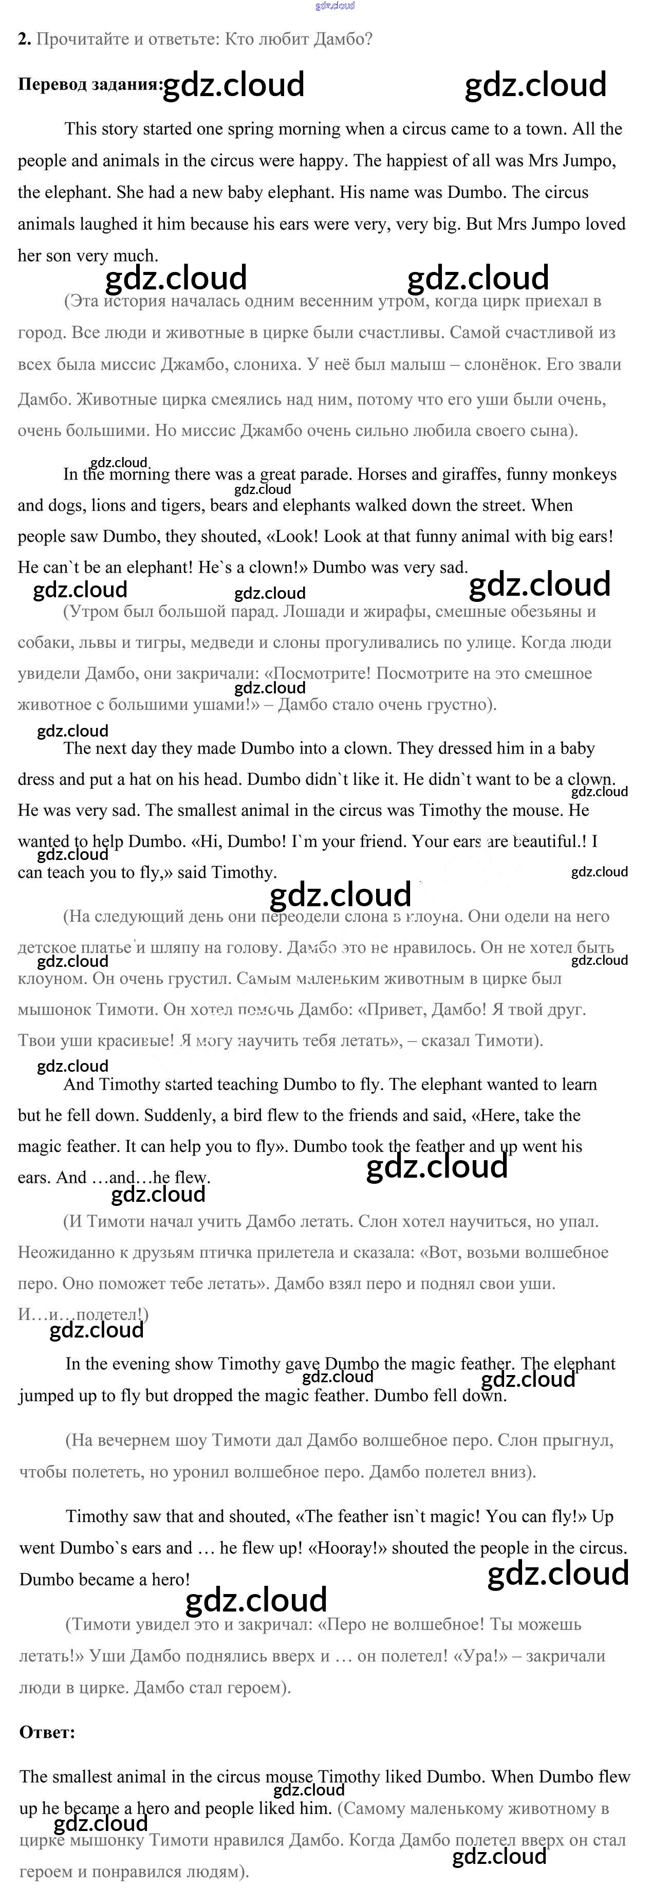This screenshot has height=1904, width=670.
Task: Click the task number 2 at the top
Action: pyautogui.click(x=24, y=39)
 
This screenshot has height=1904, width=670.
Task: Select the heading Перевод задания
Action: pyautogui.click(x=89, y=84)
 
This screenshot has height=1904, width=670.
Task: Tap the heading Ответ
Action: pyautogui.click(x=47, y=1732)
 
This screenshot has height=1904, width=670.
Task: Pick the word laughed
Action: pyautogui.click(x=111, y=224)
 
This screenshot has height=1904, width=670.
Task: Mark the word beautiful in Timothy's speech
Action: pyautogui.click(x=545, y=841)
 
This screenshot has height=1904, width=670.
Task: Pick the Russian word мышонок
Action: pyautogui.click(x=53, y=1009)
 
